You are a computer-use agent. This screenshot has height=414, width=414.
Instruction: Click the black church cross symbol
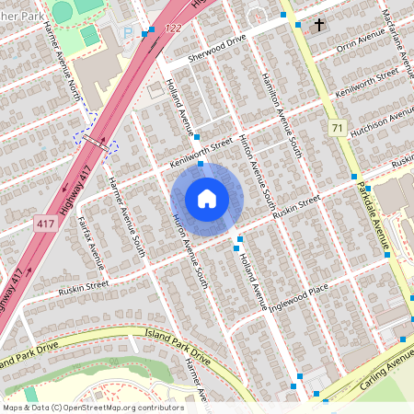(319, 24)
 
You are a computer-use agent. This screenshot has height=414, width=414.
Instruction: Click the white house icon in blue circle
(207, 199)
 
